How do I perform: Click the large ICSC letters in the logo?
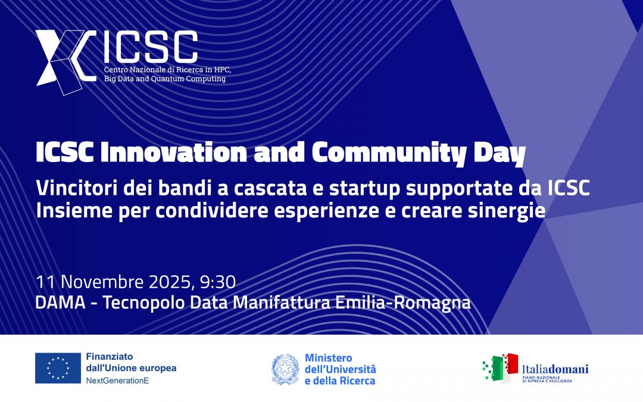(x=151, y=47)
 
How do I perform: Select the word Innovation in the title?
(x=174, y=152)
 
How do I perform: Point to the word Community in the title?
(x=389, y=154)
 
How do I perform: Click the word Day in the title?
(x=500, y=154)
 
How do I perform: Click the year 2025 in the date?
(x=169, y=282)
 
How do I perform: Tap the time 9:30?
(x=218, y=282)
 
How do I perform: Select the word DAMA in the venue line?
(x=60, y=303)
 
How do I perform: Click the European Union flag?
(x=58, y=368)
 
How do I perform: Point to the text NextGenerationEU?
(x=117, y=381)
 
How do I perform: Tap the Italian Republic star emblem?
(x=285, y=369)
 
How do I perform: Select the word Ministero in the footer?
(x=328, y=358)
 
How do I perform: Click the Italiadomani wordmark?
(x=555, y=369)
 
